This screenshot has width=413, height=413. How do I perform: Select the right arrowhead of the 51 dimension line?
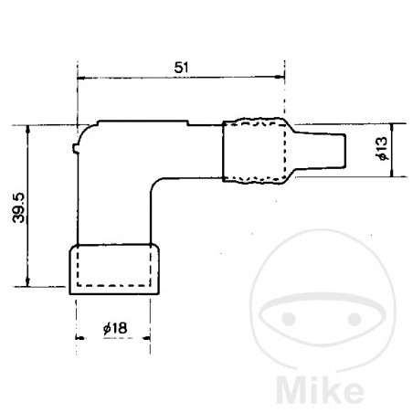coord(280,79)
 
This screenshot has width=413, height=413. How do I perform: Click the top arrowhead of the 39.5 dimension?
coord(30,130)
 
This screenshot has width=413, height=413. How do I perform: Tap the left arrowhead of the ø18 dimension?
coord(78,338)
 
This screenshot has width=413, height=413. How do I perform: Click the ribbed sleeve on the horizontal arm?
coord(253,151)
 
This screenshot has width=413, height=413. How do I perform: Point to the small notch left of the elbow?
coord(73,144)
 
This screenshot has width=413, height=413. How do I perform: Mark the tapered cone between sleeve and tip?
coord(302,151)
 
